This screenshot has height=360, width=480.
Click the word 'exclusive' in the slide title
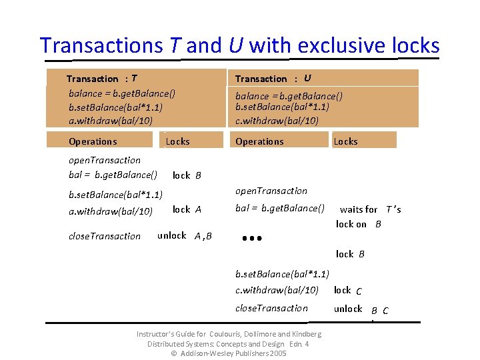pyautogui.click(x=343, y=45)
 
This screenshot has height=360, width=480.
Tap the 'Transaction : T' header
pyautogui.click(x=103, y=79)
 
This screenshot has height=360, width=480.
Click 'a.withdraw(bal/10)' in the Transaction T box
pyautogui.click(x=111, y=121)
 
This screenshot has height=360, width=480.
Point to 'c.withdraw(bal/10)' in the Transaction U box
pyautogui.click(x=277, y=121)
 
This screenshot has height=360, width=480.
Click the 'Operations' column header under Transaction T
pyautogui.click(x=93, y=141)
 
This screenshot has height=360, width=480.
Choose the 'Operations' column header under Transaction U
pyautogui.click(x=259, y=141)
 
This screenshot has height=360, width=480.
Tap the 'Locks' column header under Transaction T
pyautogui.click(x=177, y=141)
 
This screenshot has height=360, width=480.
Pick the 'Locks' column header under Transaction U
pyautogui.click(x=345, y=141)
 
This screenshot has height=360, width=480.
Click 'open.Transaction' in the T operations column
pyautogui.click(x=105, y=160)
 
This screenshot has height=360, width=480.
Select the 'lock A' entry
pyautogui.click(x=187, y=209)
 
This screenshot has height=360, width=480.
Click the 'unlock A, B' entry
pyautogui.click(x=185, y=235)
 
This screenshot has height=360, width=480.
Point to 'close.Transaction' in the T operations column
pyautogui.click(x=105, y=236)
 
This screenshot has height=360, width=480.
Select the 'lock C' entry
pyautogui.click(x=348, y=290)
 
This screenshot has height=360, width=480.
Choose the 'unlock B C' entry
pyautogui.click(x=361, y=309)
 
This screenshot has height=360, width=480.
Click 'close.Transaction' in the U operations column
pyautogui.click(x=271, y=308)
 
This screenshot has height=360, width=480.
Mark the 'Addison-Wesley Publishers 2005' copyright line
pyautogui.click(x=229, y=353)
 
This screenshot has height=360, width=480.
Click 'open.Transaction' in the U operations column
pyautogui.click(x=271, y=191)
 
